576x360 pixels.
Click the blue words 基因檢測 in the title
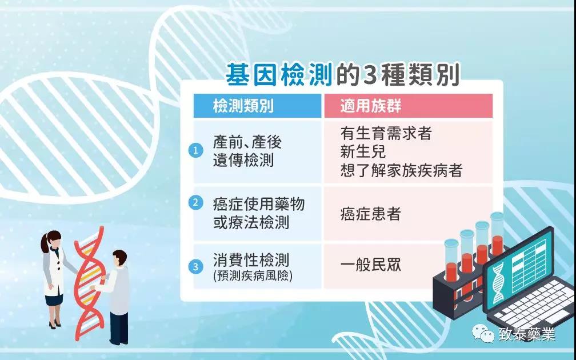click(x=279, y=74)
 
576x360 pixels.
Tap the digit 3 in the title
click(x=369, y=75)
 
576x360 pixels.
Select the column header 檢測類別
click(x=243, y=106)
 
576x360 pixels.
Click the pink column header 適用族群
click(x=371, y=106)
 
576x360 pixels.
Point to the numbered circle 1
click(x=196, y=150)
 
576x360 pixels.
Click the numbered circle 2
click(x=196, y=202)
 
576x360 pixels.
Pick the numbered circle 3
click(x=196, y=267)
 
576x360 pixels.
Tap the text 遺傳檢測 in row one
click(x=243, y=161)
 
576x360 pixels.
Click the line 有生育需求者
click(x=386, y=133)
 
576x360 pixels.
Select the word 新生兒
click(x=363, y=151)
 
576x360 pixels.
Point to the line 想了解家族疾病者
click(x=401, y=170)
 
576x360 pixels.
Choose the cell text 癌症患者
click(x=370, y=214)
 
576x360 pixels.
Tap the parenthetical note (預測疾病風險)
click(x=253, y=276)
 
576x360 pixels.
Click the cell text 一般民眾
click(x=370, y=265)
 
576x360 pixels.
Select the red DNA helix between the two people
click(x=89, y=283)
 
